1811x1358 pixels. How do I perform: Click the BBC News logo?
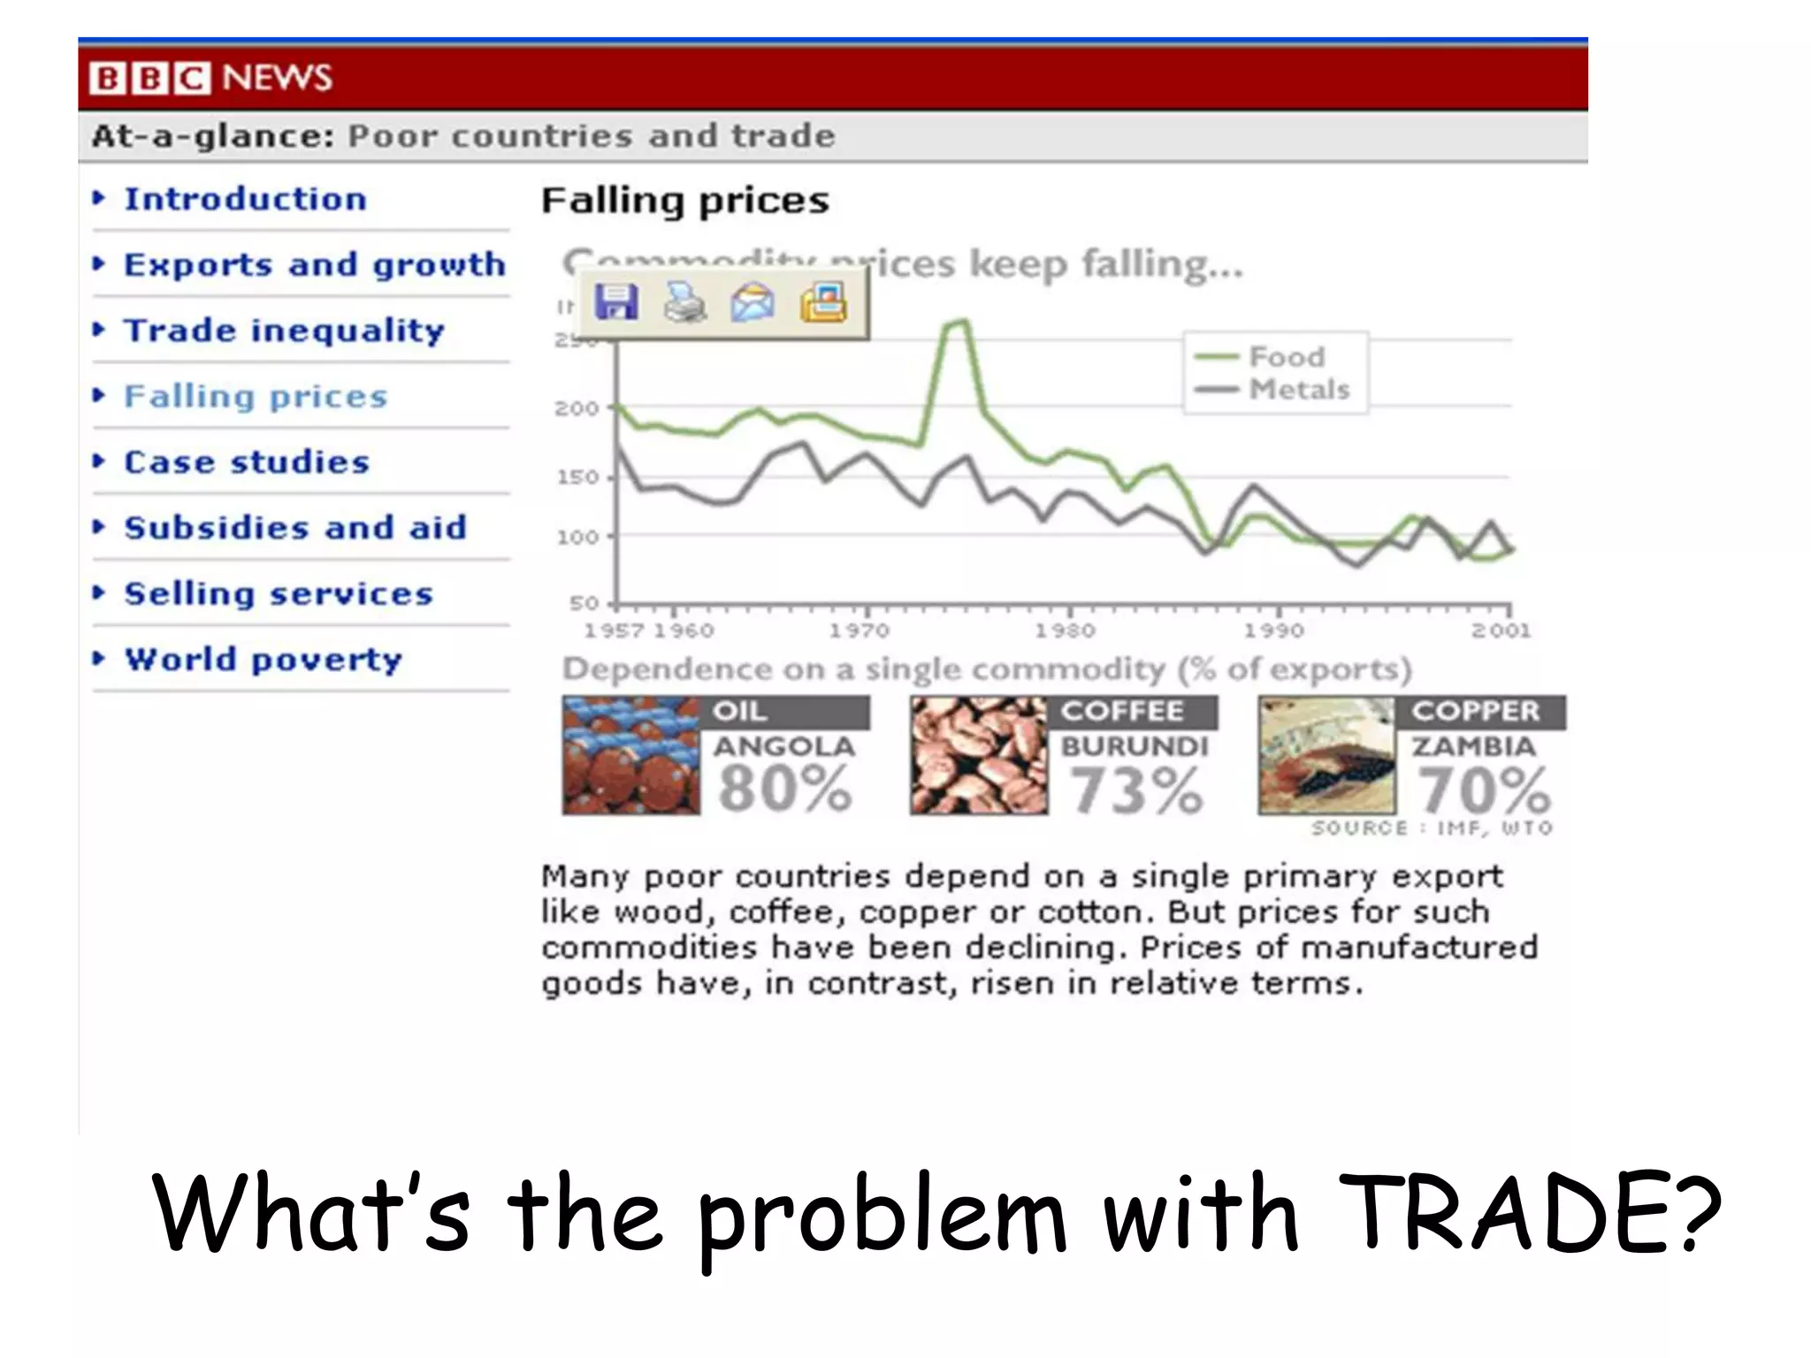[x=210, y=78]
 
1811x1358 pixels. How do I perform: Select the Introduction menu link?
[x=245, y=199]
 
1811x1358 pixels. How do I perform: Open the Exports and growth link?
[x=314, y=264]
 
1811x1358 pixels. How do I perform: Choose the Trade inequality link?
[x=283, y=331]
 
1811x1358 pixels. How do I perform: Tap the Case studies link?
[x=246, y=462]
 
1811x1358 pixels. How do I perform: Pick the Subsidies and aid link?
[x=294, y=528]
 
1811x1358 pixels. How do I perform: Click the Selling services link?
[x=278, y=594]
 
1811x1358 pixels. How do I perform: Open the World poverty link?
[x=263, y=660]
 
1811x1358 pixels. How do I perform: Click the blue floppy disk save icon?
[x=616, y=303]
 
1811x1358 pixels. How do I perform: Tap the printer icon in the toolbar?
[x=685, y=303]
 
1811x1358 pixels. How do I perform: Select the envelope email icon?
[x=753, y=303]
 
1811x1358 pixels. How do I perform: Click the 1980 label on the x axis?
[x=1066, y=630]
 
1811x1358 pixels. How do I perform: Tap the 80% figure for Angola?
[x=784, y=789]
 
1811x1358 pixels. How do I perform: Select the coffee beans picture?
[x=978, y=756]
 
